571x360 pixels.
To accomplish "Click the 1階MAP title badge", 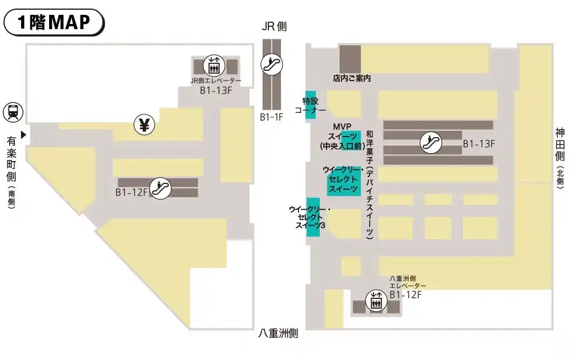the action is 54,22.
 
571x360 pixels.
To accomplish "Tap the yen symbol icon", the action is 144,125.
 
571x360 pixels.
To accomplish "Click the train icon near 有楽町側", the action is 13,112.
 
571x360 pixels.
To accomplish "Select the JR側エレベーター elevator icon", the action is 214,66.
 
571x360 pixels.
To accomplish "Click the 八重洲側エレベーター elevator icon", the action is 376,301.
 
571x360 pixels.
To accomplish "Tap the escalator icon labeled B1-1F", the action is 272,65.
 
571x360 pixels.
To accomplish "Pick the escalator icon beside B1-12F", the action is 160,189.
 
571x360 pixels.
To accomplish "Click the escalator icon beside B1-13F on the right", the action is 431,142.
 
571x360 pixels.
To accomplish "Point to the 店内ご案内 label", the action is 352,78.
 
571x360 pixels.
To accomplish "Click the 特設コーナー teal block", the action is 310,105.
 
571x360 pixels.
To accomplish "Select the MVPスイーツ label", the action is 342,136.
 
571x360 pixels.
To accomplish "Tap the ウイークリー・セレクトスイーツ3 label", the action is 310,217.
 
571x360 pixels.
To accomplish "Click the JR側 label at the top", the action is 274,26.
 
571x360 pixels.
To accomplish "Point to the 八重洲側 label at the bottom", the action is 278,333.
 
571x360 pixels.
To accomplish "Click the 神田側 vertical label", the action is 560,144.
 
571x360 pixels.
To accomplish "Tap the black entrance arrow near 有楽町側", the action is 23,135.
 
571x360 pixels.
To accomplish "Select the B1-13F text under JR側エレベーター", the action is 216,90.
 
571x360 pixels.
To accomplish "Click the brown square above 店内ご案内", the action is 351,59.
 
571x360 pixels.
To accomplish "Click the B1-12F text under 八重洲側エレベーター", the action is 405,295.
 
